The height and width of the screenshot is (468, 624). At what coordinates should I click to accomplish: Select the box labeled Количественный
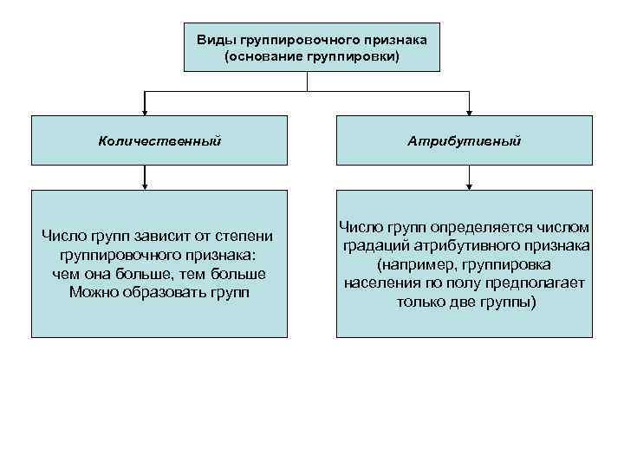[159, 140]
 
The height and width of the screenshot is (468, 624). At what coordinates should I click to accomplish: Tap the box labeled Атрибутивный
[465, 140]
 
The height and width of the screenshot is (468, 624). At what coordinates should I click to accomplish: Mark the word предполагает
[541, 283]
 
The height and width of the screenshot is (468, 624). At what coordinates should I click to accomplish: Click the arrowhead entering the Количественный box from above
[146, 112]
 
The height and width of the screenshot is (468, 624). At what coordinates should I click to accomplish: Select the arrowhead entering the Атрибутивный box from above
[469, 112]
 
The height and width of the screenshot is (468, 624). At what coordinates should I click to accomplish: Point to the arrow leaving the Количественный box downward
[146, 179]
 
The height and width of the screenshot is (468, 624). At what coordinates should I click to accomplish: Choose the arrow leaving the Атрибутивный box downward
[469, 179]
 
